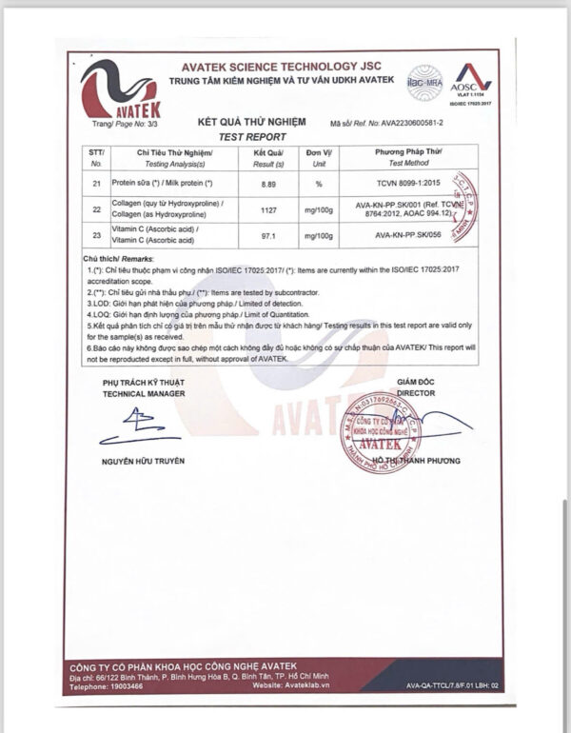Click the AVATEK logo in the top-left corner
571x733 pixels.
118,89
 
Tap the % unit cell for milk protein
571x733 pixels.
318,182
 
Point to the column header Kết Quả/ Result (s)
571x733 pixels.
269,157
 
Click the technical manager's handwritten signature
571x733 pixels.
138,426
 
